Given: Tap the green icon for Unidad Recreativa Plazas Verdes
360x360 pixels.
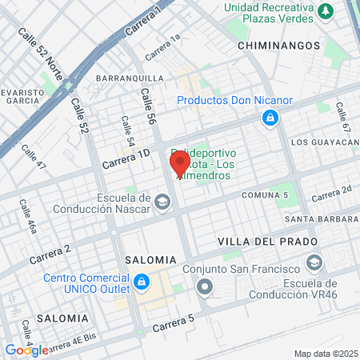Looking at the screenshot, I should click(326, 11).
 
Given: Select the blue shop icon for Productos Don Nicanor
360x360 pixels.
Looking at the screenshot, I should click(270, 119).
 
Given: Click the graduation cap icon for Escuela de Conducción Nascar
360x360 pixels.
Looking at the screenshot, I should click(162, 201).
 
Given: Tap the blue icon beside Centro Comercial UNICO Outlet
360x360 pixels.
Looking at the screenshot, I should click(142, 282).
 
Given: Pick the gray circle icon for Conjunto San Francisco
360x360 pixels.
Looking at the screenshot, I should click(206, 286).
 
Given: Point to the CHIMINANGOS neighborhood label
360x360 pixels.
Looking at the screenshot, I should click(279, 46).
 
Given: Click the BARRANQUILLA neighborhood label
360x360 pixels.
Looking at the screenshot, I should click(130, 78).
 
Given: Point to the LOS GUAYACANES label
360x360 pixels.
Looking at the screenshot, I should click(324, 142).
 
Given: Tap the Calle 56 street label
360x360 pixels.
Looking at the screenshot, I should click(149, 106).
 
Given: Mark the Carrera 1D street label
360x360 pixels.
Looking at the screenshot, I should click(126, 158).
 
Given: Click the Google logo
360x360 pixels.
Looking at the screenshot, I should click(26, 350).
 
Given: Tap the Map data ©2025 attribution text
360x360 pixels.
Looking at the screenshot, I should click(324, 354).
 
